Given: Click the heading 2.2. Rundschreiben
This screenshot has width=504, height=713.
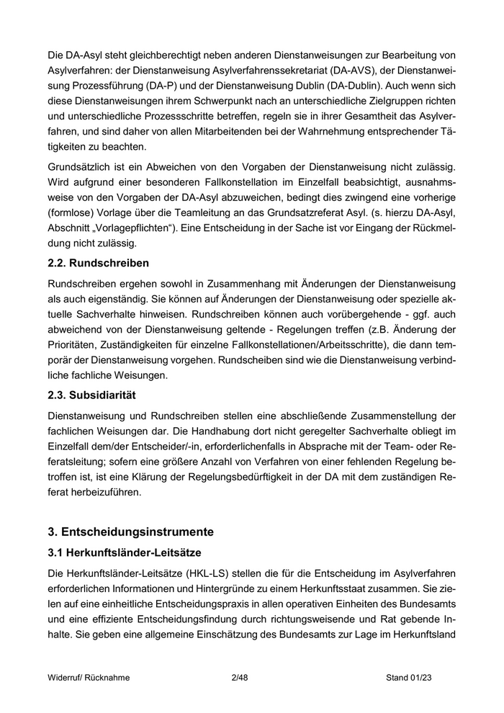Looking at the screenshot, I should (98, 263).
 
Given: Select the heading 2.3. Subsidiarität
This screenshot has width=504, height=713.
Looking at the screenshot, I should (91, 395).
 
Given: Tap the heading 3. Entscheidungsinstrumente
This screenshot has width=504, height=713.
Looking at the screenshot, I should (130, 532).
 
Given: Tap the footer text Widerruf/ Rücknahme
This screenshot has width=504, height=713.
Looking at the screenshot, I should (89, 678).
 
